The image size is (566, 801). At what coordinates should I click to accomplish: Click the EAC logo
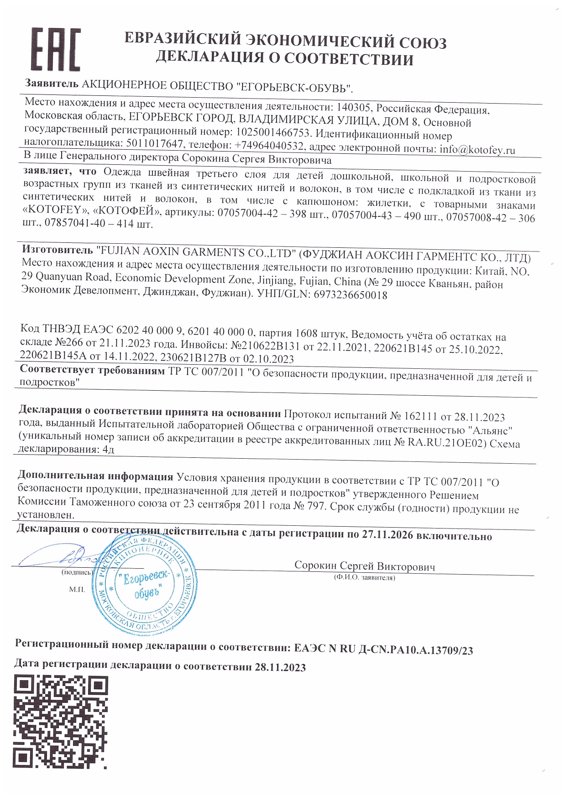coord(56,49)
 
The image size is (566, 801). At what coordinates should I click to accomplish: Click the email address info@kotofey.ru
coord(477,150)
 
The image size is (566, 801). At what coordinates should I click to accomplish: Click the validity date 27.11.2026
coord(388,534)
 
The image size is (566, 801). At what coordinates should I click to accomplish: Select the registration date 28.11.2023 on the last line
coord(280,667)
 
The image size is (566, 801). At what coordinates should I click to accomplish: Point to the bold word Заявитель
coord(52,84)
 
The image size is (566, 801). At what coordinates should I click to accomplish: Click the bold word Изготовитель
coord(58,250)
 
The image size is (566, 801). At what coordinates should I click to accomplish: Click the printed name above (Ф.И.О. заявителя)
coord(364,566)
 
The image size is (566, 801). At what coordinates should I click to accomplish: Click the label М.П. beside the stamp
coord(77,590)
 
